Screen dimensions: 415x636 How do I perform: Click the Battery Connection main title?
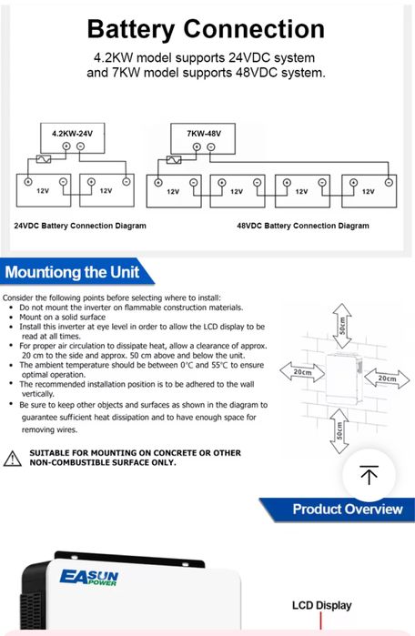(206, 29)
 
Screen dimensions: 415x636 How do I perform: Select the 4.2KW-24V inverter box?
(73, 138)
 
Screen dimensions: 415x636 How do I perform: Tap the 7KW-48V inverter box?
(203, 138)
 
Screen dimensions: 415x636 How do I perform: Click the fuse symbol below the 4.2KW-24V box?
(44, 159)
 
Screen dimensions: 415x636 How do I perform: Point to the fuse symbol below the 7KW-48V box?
(174, 160)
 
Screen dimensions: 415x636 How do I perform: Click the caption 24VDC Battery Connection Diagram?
(80, 226)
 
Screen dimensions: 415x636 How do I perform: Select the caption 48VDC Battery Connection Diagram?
(303, 226)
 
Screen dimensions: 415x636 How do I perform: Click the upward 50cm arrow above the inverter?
(342, 326)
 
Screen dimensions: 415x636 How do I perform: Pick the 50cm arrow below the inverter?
(339, 430)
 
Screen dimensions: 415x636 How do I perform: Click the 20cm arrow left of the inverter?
(302, 372)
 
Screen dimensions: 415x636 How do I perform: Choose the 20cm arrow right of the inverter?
(387, 379)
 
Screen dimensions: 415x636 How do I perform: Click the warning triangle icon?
(12, 459)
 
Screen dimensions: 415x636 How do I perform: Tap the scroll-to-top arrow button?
(369, 475)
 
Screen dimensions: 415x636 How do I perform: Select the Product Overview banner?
(337, 510)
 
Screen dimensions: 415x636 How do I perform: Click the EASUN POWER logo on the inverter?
(89, 578)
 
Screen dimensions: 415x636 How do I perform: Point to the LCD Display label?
(321, 605)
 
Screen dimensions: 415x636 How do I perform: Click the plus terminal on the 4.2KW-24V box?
(66, 146)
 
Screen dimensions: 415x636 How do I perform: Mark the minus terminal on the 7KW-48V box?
(211, 146)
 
